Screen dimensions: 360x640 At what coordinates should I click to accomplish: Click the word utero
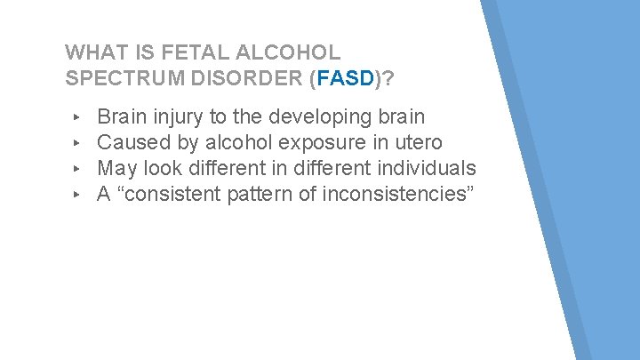[x=417, y=143]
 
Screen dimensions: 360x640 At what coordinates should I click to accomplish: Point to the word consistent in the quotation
[x=169, y=195]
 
